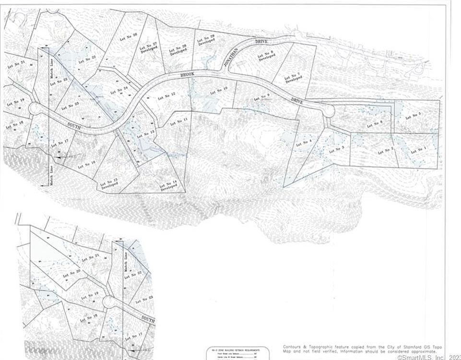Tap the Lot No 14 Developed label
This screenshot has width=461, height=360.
169,185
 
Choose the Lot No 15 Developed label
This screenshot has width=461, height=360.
109,184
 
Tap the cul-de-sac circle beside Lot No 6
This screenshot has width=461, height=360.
329,111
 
